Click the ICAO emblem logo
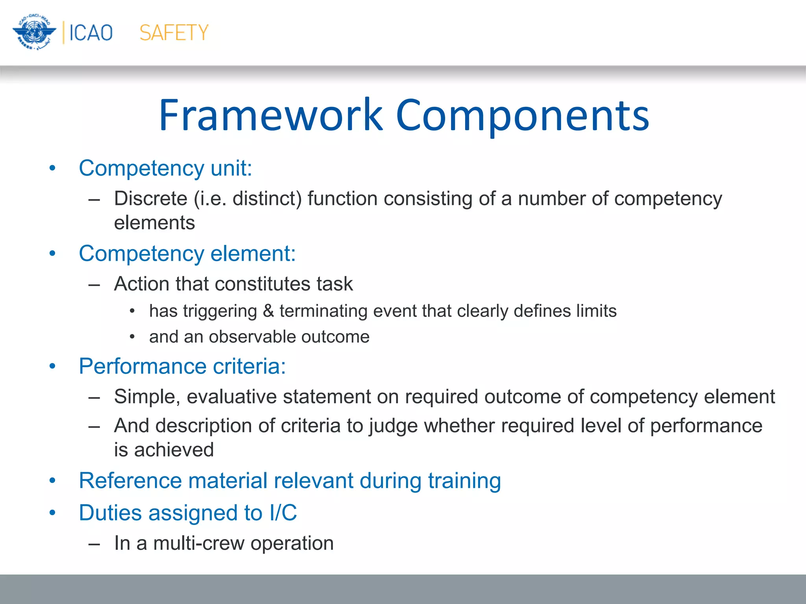pos(34,32)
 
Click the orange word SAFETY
pos(174,33)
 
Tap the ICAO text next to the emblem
pos(91,33)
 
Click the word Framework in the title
pos(271,115)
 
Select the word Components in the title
pos(522,115)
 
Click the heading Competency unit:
pos(165,168)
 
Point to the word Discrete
pos(150,198)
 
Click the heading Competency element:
pos(187,254)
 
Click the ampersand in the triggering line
pos(268,311)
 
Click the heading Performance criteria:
pos(182,366)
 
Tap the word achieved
pos(174,450)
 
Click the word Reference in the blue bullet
pos(130,481)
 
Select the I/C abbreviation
pos(283,513)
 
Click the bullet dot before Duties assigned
pos(53,513)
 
